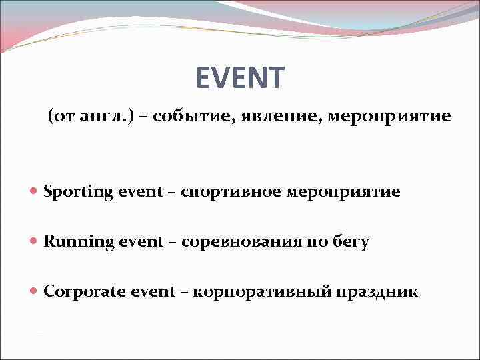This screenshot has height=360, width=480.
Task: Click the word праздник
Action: (x=377, y=291)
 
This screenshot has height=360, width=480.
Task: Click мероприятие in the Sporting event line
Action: (x=343, y=192)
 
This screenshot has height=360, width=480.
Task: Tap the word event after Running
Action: (x=141, y=241)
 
